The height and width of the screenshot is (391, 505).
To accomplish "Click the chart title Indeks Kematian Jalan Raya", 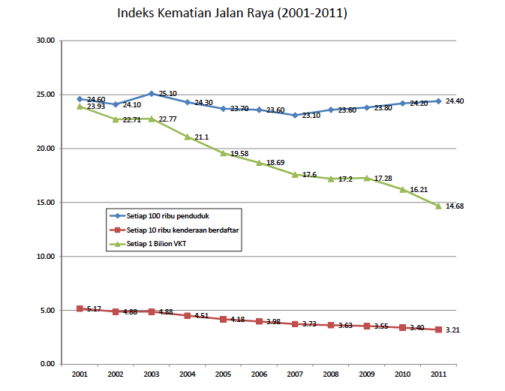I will coord(232,14).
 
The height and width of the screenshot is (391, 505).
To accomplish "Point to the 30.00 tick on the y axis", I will coord(46,41).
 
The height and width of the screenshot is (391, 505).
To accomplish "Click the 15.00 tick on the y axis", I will coord(46,203).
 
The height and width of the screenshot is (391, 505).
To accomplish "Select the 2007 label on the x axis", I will coord(295,373).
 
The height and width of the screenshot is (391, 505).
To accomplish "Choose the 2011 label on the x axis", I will coord(438,373).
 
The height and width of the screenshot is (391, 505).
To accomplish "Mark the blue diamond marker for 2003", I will coord(152,94).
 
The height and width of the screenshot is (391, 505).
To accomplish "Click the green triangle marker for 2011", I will coord(438,206).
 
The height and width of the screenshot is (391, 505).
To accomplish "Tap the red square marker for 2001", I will coord(80,308).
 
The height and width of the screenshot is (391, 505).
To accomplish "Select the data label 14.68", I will coord(455,206).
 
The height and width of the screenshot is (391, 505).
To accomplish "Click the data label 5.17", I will coord(95,308).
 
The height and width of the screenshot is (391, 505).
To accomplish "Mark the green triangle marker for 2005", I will coord(223,153).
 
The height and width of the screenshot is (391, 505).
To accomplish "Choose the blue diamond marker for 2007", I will coord(295,115).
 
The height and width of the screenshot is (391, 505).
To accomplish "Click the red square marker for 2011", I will coord(438,329).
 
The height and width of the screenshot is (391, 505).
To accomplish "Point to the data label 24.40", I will coord(455,101).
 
